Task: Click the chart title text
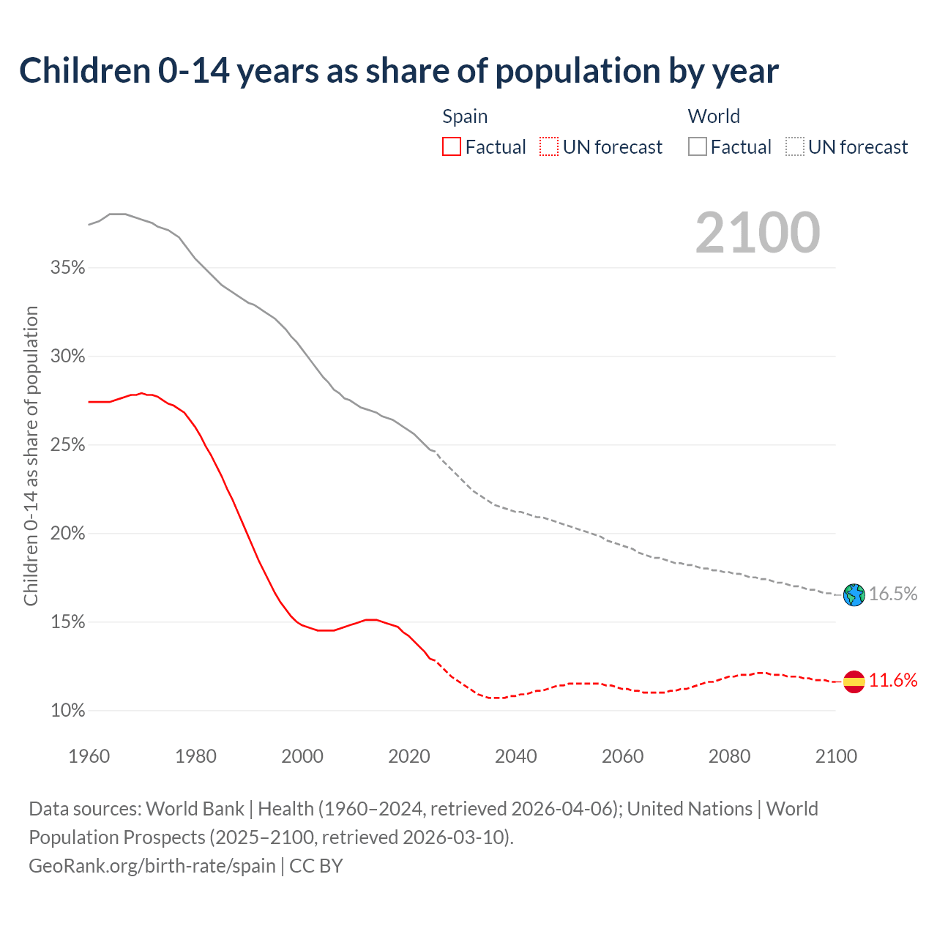[399, 71]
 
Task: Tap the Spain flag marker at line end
[854, 682]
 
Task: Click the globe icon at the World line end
[854, 594]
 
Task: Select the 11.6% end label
[893, 681]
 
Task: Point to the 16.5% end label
[893, 594]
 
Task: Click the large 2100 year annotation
[758, 233]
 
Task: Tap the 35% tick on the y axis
[67, 268]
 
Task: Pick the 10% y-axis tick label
[67, 711]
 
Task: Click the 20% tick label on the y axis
[67, 534]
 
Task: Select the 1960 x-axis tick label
[89, 756]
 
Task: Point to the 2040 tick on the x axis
[515, 756]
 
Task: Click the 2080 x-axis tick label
[729, 756]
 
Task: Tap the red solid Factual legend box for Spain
[452, 147]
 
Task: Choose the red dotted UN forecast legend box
[549, 147]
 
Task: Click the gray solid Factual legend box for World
[698, 147]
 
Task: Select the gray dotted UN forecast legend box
[795, 147]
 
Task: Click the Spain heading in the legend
[465, 116]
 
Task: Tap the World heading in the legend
[714, 116]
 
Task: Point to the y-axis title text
[31, 456]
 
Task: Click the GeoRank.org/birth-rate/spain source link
[152, 866]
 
